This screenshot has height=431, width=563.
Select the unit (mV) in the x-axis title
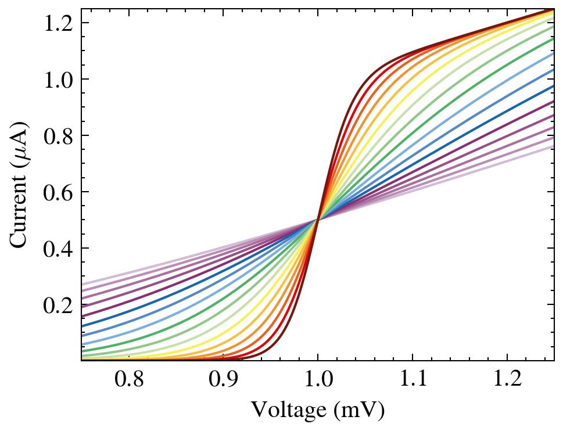click(x=361, y=411)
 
